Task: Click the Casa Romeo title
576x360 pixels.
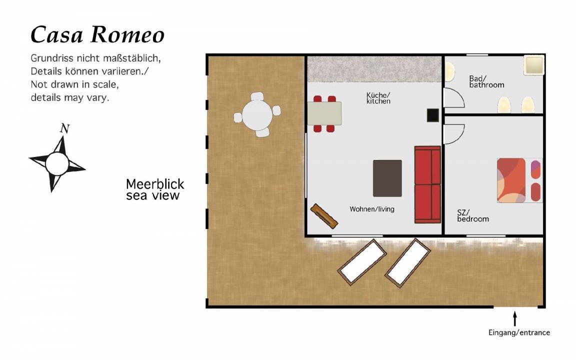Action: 97,35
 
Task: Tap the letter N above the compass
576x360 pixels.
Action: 64,128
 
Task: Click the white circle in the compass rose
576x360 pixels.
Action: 57,164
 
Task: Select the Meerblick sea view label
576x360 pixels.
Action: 155,189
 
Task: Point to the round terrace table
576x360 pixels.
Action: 257,114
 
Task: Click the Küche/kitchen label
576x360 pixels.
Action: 378,98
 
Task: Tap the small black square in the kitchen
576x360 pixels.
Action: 432,115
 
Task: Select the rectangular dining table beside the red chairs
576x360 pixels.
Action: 324,113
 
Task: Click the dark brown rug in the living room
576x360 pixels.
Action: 387,178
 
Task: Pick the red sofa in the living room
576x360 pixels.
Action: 427,184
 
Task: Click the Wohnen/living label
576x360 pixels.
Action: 372,209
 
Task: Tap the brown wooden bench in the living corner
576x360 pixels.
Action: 324,216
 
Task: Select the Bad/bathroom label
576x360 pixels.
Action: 486,81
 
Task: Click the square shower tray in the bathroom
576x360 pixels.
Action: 534,65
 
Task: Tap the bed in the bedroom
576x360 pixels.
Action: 519,180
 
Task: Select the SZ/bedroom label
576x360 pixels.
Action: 473,215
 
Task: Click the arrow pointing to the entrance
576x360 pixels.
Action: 515,318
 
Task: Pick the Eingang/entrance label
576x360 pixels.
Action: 519,332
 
